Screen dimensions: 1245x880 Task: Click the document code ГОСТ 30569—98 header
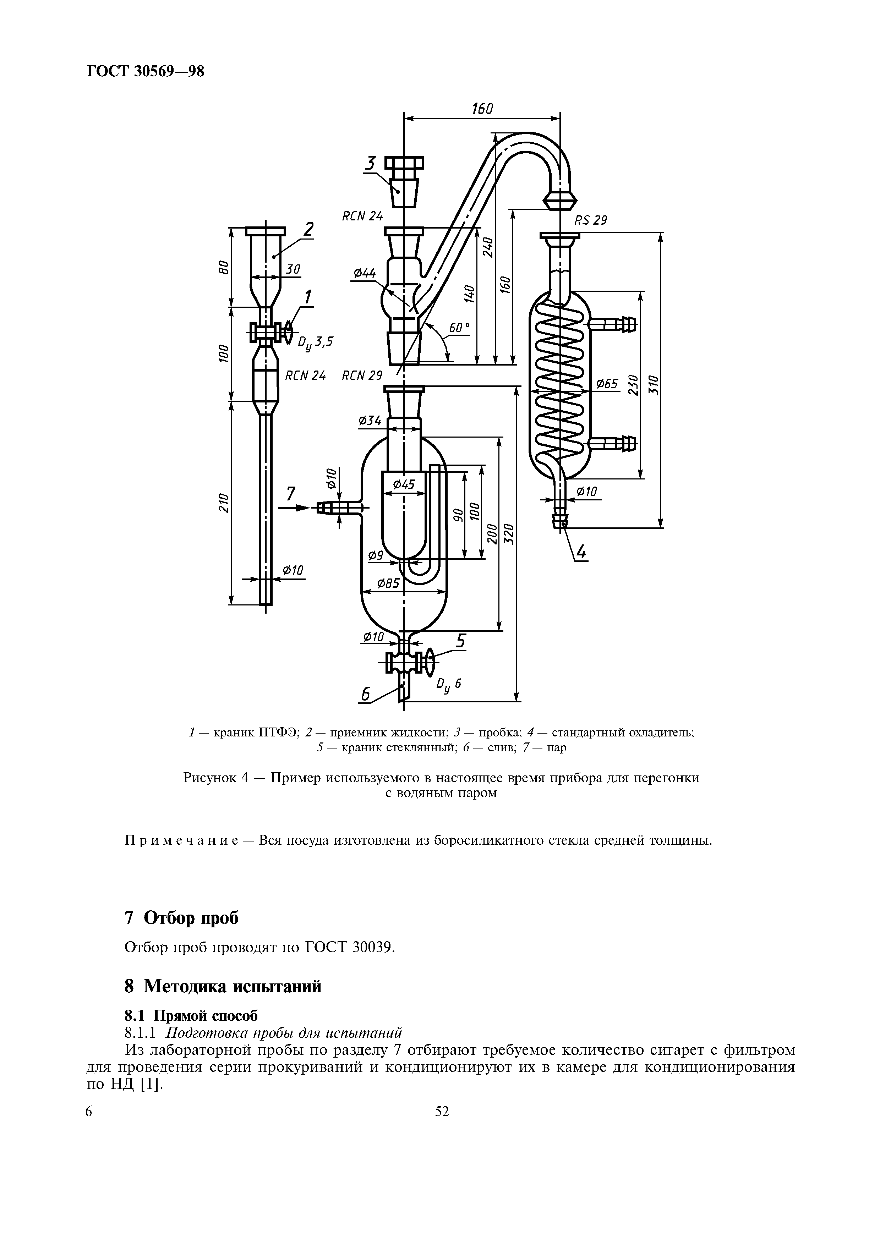click(145, 71)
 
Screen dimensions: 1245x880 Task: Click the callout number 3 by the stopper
click(371, 163)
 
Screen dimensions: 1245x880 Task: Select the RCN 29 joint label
click(362, 375)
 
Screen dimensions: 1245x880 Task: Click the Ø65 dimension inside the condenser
click(607, 384)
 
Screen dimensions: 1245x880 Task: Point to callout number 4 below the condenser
click(581, 553)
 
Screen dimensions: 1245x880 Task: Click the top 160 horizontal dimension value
click(482, 109)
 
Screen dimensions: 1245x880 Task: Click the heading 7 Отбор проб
click(182, 918)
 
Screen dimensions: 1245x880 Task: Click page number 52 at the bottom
click(442, 1112)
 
